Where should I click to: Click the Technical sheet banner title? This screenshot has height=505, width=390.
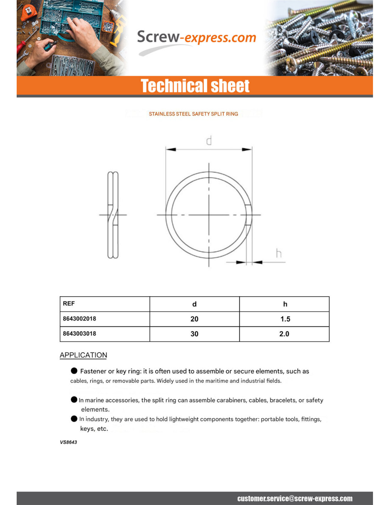click(x=195, y=86)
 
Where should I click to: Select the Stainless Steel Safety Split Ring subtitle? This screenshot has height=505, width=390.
click(x=193, y=114)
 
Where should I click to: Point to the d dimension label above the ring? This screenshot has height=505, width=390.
click(x=209, y=141)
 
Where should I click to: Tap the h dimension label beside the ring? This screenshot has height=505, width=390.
click(x=279, y=254)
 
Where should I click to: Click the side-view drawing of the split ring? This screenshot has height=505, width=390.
click(x=113, y=215)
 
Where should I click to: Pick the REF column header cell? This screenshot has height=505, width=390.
click(x=69, y=304)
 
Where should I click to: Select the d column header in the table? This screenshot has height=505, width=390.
click(x=194, y=304)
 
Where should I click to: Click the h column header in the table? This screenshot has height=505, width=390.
click(x=285, y=304)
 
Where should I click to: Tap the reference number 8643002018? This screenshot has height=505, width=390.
click(x=79, y=319)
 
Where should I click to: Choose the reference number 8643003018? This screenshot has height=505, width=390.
click(x=79, y=333)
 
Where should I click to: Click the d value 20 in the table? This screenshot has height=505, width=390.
click(x=194, y=319)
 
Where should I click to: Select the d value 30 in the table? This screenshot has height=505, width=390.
click(x=194, y=334)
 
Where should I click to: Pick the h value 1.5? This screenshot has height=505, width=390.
click(x=285, y=319)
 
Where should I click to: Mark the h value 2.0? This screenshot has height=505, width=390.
click(x=284, y=334)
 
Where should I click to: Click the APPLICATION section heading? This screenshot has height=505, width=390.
click(x=83, y=355)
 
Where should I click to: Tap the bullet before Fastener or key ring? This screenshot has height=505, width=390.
click(x=74, y=371)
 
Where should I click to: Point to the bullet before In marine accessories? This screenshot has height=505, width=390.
click(x=74, y=400)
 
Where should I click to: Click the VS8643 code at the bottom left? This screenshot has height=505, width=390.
click(x=68, y=442)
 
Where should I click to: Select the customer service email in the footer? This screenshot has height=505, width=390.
click(x=295, y=499)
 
